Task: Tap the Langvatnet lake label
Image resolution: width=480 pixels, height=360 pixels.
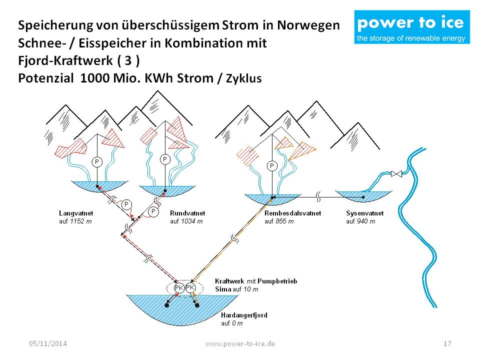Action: point(76,213)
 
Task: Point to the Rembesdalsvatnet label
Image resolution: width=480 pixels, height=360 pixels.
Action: point(292,213)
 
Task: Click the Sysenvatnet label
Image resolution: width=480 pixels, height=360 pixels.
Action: point(364,213)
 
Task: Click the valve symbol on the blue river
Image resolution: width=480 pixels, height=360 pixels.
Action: point(396,173)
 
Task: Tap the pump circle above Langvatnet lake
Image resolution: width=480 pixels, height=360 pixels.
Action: point(97,161)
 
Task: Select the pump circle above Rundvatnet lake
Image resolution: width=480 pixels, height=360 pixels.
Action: point(164,159)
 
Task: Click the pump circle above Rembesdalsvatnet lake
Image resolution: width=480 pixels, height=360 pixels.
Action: point(272,165)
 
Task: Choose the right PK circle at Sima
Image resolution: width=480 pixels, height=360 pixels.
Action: point(190,287)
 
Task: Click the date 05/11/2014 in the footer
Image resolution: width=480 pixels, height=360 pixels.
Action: point(48,343)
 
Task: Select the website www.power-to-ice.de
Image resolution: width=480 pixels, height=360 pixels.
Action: point(240,343)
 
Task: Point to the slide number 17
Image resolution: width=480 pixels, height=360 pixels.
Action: point(447,343)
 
